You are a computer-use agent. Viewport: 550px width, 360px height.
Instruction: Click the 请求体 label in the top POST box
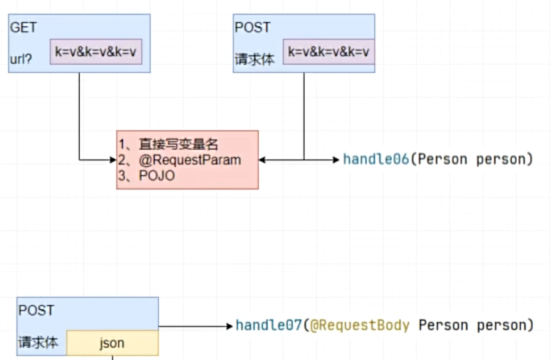(x=255, y=60)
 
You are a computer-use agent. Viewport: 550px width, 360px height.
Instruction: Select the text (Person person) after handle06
(x=471, y=160)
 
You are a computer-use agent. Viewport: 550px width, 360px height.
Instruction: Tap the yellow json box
(x=112, y=343)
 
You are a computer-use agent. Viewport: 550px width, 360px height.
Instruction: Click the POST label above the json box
(x=35, y=310)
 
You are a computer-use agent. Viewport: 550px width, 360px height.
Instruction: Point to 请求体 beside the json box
(x=39, y=343)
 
